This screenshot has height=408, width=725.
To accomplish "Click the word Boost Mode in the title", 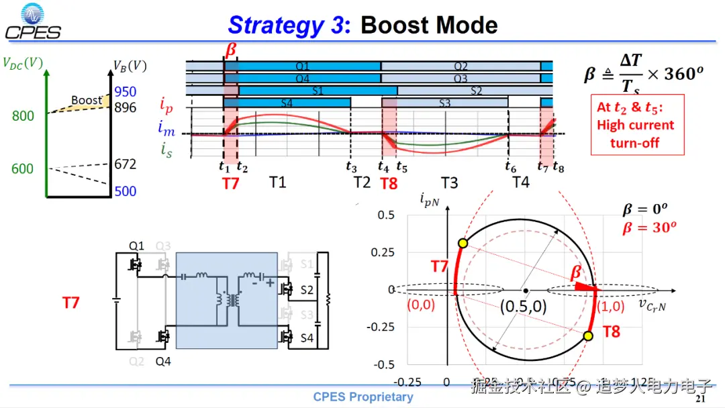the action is click(x=429, y=25).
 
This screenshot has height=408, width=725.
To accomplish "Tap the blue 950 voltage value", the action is click(x=125, y=92).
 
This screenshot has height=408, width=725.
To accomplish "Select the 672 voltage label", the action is click(x=125, y=164).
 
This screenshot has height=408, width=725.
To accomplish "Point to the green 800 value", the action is click(x=23, y=116).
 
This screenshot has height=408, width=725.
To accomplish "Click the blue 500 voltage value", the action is click(x=125, y=191).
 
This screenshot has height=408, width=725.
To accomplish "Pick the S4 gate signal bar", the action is click(x=287, y=103).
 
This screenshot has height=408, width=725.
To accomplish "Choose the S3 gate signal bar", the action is click(x=444, y=103).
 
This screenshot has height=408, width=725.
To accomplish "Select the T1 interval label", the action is click(x=278, y=183).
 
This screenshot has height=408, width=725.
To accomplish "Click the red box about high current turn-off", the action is click(x=637, y=125).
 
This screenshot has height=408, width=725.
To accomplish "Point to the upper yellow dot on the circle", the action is click(x=463, y=243).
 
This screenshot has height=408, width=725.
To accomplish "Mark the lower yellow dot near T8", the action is click(x=588, y=336).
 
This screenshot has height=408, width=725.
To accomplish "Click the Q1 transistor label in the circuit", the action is click(x=136, y=246).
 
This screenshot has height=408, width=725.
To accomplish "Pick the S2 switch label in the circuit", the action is click(x=307, y=290).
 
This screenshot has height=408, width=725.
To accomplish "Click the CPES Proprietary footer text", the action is click(x=363, y=397).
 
